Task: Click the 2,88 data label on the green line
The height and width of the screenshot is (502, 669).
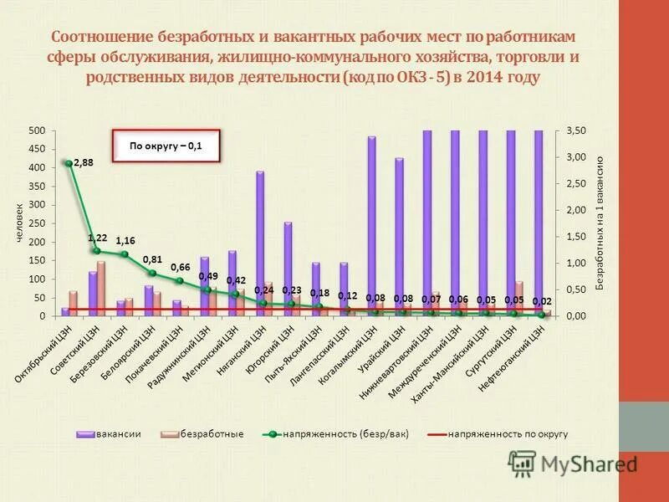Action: click(x=84, y=164)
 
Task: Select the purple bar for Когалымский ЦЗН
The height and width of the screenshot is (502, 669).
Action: click(x=371, y=226)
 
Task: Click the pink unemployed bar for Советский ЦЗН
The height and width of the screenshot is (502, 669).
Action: click(x=101, y=289)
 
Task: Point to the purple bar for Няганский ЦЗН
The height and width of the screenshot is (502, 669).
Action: click(x=260, y=243)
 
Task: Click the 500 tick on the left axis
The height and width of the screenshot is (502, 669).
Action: click(x=37, y=131)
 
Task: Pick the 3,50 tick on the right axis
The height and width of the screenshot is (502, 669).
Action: click(x=576, y=131)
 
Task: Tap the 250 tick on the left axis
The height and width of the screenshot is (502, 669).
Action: click(x=37, y=223)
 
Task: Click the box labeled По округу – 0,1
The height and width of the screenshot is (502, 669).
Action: click(x=166, y=146)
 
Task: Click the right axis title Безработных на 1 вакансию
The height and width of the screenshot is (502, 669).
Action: click(x=600, y=223)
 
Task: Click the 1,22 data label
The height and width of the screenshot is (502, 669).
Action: click(x=98, y=238)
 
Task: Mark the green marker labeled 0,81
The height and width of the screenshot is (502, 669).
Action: click(x=152, y=273)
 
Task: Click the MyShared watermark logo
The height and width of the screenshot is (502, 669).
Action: click(x=573, y=463)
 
